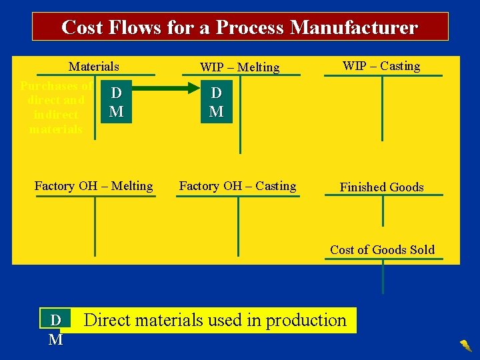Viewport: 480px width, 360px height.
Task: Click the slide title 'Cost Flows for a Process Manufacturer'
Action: point(240,27)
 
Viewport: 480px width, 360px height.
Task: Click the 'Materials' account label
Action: point(94,66)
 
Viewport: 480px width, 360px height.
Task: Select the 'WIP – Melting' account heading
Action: point(240,67)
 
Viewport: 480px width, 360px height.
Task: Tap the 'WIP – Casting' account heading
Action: point(381,65)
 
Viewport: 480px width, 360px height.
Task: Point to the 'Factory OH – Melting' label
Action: point(93,186)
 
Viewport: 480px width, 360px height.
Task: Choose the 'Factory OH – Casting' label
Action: point(237,186)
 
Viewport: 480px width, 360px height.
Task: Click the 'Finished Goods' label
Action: point(381,187)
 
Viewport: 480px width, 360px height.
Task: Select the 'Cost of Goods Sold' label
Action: point(382,250)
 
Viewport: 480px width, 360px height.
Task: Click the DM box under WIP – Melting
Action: point(216,101)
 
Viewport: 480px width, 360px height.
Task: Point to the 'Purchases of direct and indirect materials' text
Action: point(56,107)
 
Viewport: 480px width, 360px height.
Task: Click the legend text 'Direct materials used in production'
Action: point(215,320)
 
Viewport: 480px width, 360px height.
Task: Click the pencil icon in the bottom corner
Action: point(465,345)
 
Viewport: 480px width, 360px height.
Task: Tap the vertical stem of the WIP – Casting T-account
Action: point(383,107)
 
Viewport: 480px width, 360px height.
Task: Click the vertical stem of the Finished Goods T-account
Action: point(383,211)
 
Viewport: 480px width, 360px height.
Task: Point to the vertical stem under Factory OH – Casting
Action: point(238,227)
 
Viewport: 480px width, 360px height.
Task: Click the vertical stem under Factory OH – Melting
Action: point(95,227)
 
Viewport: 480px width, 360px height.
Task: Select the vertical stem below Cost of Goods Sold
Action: point(383,276)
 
